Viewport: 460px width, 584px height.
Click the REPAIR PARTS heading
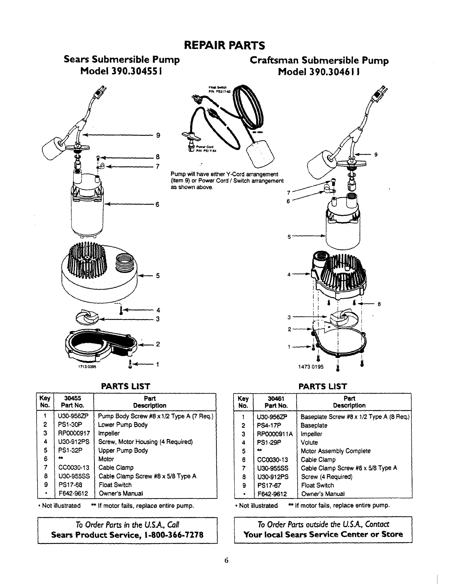pos(224,45)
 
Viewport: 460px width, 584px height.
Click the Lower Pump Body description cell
pos(123,425)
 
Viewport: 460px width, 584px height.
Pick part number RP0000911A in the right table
pos(275,434)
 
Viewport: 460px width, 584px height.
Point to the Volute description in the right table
pos(309,443)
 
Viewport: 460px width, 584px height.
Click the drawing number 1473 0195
pos(310,367)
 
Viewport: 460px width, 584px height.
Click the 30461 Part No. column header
pos(276,402)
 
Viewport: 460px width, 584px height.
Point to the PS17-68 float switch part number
pos(66,485)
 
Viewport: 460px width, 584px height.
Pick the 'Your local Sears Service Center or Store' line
pos(323,535)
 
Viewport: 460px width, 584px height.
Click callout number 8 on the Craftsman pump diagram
pos(379,305)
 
